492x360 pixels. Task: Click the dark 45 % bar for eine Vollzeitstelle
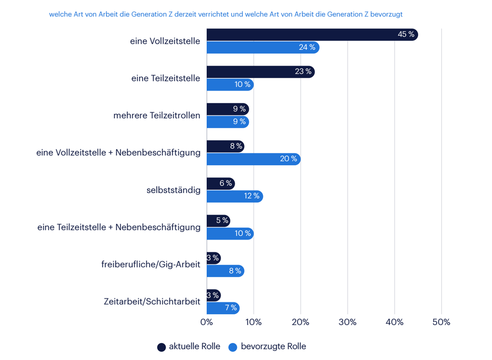(312, 34)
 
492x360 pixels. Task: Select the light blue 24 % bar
(263, 47)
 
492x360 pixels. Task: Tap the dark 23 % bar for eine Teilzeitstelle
(260, 72)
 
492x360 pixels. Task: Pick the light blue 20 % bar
(253, 159)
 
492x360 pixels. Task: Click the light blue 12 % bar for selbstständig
(234, 196)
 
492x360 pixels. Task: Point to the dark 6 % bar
(221, 183)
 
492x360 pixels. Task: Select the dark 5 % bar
(218, 220)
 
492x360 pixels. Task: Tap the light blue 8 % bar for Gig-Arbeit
(225, 271)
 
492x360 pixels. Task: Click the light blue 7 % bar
(223, 308)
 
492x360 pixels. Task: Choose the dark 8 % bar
(225, 146)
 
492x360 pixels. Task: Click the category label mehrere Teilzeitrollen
(157, 115)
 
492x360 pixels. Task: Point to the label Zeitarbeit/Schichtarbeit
(152, 301)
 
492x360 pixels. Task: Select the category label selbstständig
(173, 190)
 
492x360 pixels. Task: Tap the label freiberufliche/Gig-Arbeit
(151, 264)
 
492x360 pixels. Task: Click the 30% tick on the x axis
(348, 322)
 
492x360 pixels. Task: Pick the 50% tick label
(441, 322)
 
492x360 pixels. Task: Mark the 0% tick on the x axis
(207, 322)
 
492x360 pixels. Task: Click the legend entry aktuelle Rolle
(194, 347)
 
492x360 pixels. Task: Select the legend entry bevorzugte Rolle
(273, 347)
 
